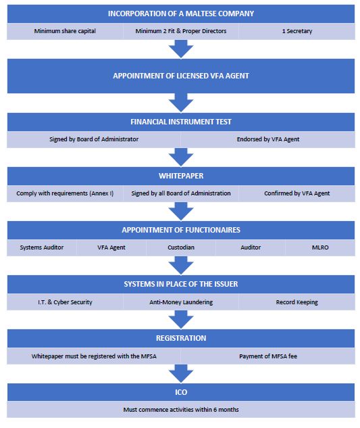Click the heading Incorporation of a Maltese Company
pos(181,14)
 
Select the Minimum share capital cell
pos(65,31)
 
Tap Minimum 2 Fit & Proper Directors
pos(181,31)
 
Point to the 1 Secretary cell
pos(297,31)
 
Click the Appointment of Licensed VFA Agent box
pos(181,76)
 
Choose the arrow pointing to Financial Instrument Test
pos(181,103)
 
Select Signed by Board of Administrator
pos(94,139)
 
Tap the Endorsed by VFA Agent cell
pos(268,139)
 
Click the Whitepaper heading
pos(181,176)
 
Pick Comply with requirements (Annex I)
pos(65,193)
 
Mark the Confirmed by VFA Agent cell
pos(297,193)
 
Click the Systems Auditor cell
pos(42,247)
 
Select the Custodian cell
pos(181,247)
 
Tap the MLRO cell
pos(320,247)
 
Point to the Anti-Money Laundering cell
pos(181,302)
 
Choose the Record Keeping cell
pos(297,302)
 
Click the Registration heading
pos(181,338)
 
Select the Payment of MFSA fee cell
pos(268,356)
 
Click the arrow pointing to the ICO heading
pos(181,373)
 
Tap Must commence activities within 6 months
pos(181,410)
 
